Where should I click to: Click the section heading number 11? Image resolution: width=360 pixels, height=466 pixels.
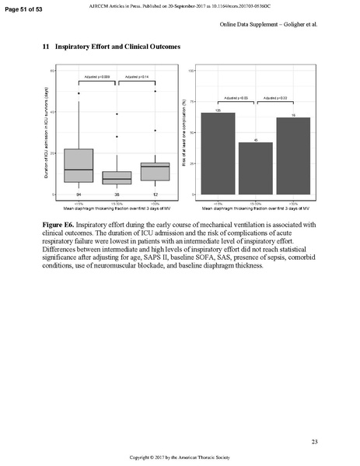(45, 48)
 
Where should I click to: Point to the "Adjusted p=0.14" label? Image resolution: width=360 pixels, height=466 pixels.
(136, 76)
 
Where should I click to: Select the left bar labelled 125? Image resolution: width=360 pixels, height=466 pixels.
(218, 153)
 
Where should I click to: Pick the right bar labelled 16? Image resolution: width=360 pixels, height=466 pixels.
(293, 156)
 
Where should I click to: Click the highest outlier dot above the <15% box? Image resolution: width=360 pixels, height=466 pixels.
(79, 93)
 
